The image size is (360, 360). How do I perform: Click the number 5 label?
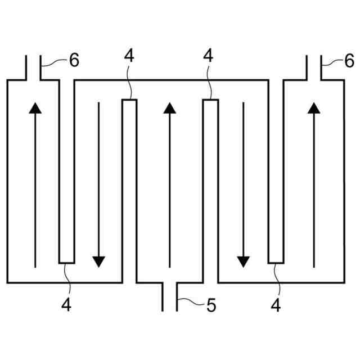pyautogui.click(x=211, y=306)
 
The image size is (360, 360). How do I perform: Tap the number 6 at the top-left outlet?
pyautogui.click(x=74, y=61)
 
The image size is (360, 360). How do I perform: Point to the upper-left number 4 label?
pyautogui.click(x=129, y=56)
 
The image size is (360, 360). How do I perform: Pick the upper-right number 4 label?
pyautogui.click(x=209, y=56)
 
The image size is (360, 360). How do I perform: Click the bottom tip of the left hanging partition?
pyautogui.click(x=67, y=262)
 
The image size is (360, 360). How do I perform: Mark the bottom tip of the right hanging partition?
pyautogui.click(x=275, y=262)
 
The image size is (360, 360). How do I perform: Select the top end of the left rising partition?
pyautogui.click(x=130, y=101)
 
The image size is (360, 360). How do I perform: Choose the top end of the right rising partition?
pyautogui.click(x=210, y=101)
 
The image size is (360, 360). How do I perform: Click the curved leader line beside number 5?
pyautogui.click(x=191, y=305)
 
